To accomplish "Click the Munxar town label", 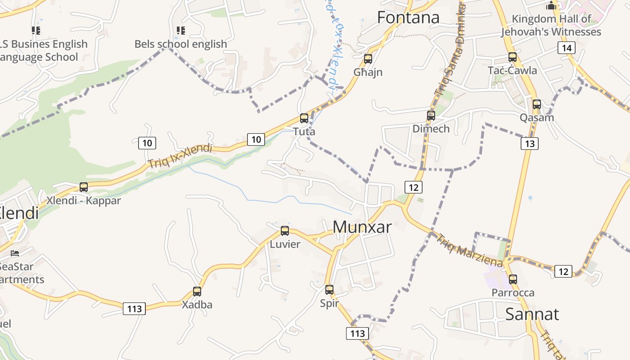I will tap(362, 227).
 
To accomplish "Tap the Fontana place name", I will tap(408, 18).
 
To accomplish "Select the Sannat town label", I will tap(532, 314).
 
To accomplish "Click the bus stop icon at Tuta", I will tap(304, 118).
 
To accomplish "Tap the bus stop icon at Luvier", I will tap(285, 231).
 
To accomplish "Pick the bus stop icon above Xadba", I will tap(197, 291).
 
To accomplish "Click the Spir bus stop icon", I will tap(329, 290).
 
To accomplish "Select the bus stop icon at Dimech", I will tap(431, 116).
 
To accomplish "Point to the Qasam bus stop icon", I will tap(536, 104).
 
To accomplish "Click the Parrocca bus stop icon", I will tap(513, 279).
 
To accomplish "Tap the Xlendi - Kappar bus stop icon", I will tap(84, 187).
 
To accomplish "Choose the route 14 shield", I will tap(567, 48).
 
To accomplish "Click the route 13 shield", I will tap(530, 144).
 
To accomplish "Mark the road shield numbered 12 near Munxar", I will tap(414, 187).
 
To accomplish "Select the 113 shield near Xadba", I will tap(135, 309).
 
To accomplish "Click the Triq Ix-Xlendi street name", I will tap(180, 156).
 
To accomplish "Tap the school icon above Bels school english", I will tap(181, 31).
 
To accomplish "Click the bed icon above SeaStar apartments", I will tap(15, 253).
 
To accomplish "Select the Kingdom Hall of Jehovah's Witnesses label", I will tap(551, 26).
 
